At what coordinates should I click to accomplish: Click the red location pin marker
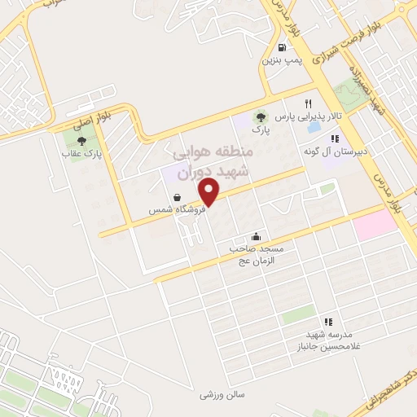tap(211, 191)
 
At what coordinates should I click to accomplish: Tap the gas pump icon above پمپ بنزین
tap(282, 47)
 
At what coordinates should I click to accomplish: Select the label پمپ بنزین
tap(281, 60)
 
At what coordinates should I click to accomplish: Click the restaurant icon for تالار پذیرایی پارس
tap(308, 103)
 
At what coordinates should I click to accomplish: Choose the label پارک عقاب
tap(81, 153)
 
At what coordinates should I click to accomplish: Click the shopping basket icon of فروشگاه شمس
tap(177, 196)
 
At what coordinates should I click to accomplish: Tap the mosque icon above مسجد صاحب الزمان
tap(257, 235)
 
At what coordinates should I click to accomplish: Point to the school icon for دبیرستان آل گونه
tap(334, 139)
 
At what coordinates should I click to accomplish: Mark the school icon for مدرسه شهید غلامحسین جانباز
tap(328, 323)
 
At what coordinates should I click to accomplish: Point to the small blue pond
tap(312, 129)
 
